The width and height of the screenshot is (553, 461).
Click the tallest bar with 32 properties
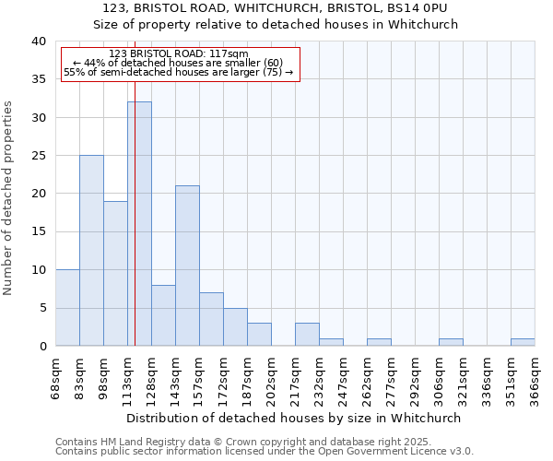pos(139,224)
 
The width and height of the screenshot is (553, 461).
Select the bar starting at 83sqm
pos(91,251)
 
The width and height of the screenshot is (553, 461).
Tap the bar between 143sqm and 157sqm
pos(187,266)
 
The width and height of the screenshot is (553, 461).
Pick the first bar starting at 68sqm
pos(67,308)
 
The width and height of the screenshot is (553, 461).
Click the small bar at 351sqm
pos(523,342)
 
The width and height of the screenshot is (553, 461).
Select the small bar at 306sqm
pos(451,342)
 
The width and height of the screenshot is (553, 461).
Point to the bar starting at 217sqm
pos(307,335)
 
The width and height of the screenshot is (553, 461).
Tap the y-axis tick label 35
pos(38,79)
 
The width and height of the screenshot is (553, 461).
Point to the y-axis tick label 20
pos(38,194)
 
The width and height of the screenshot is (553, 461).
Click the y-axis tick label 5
pos(41,308)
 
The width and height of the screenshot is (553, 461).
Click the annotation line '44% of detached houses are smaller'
pos(178,63)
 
